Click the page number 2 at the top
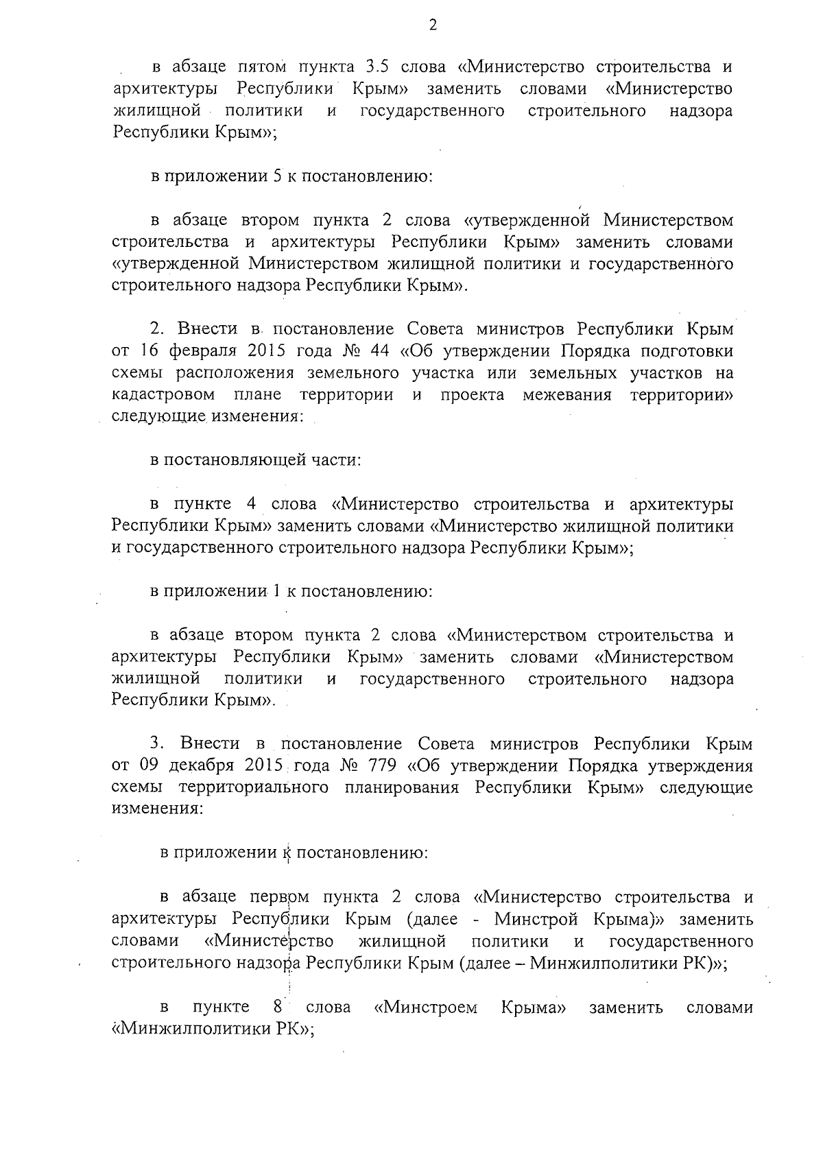click(432, 26)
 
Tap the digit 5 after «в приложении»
click(278, 176)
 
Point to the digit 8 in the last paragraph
click(278, 1007)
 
